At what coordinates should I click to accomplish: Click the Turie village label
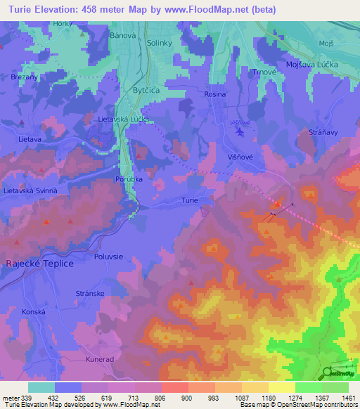point(189,200)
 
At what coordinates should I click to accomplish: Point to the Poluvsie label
point(110,257)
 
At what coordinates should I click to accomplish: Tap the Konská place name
point(33,311)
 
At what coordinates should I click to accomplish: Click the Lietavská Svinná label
point(31,191)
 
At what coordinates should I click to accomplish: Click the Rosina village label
point(215,94)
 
